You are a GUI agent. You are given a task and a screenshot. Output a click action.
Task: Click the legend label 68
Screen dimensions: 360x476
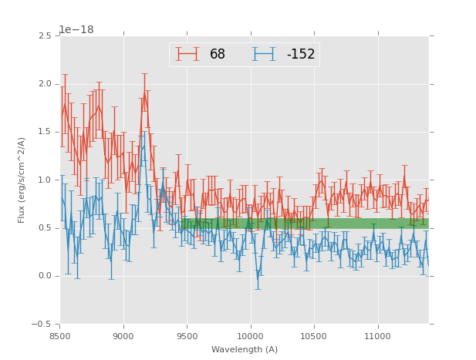point(217,55)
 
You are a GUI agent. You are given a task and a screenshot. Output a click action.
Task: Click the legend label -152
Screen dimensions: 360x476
point(301,55)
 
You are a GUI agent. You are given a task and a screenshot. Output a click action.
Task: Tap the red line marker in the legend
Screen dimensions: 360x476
point(187,54)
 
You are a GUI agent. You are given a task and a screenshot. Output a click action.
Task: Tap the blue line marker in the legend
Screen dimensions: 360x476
point(264,54)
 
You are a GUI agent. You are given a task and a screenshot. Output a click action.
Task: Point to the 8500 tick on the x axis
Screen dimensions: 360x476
point(60,336)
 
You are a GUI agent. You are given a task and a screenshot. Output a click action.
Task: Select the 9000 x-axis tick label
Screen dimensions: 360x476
point(123,336)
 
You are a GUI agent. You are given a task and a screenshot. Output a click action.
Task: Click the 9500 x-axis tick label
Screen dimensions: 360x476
point(187,336)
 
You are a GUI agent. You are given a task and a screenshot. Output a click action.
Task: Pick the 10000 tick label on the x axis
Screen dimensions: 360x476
point(250,336)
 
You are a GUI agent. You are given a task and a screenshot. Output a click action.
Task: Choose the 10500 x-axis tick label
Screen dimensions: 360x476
point(314,336)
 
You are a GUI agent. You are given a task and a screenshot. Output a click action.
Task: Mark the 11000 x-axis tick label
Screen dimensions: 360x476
point(377,336)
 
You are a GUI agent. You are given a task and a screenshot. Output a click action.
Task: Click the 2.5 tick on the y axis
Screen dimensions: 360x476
point(45,36)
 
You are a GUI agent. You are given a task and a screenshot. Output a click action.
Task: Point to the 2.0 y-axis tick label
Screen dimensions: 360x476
point(45,84)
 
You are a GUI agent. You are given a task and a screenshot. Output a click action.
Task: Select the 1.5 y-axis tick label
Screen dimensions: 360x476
point(45,133)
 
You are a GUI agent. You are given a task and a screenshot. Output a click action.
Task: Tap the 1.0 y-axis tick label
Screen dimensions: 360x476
point(45,180)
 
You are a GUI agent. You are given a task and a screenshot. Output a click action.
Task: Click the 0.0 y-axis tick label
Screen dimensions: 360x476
point(45,277)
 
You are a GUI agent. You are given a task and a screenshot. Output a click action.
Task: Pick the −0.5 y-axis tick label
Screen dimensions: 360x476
point(42,325)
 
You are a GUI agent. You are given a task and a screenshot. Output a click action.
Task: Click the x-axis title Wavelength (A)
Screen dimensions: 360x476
point(245,350)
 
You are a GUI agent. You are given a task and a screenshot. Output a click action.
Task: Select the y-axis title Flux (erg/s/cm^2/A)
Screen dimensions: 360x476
point(22,180)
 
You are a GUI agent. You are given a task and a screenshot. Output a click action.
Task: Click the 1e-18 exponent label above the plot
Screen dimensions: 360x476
point(76,29)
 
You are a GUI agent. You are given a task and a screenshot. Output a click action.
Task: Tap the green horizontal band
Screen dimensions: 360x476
point(305,224)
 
